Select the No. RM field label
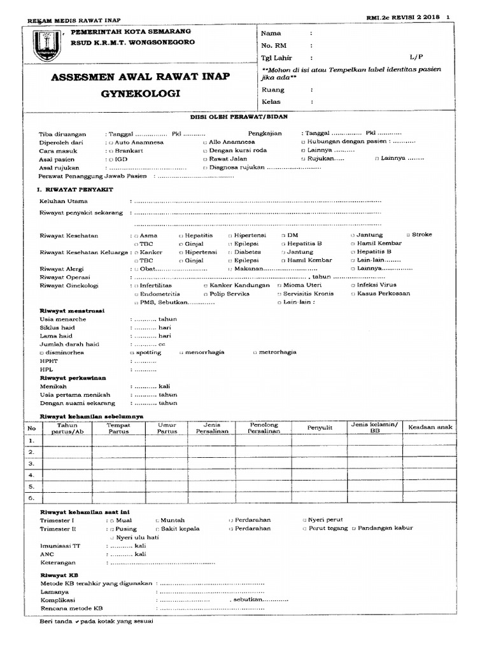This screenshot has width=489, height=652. tap(273, 45)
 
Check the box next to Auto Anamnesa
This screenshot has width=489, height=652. tap(111, 143)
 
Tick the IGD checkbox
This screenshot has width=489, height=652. tap(111, 159)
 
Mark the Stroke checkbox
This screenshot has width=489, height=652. tap(408, 235)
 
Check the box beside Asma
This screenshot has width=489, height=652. tap(142, 236)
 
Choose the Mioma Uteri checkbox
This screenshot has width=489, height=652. tap(278, 286)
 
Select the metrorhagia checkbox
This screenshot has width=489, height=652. tap(255, 352)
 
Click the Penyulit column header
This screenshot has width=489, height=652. tap(320, 428)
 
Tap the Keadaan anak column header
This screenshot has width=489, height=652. tap(430, 427)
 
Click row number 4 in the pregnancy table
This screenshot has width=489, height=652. tap(31, 474)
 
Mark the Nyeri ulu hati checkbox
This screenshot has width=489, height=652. tap(111, 537)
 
